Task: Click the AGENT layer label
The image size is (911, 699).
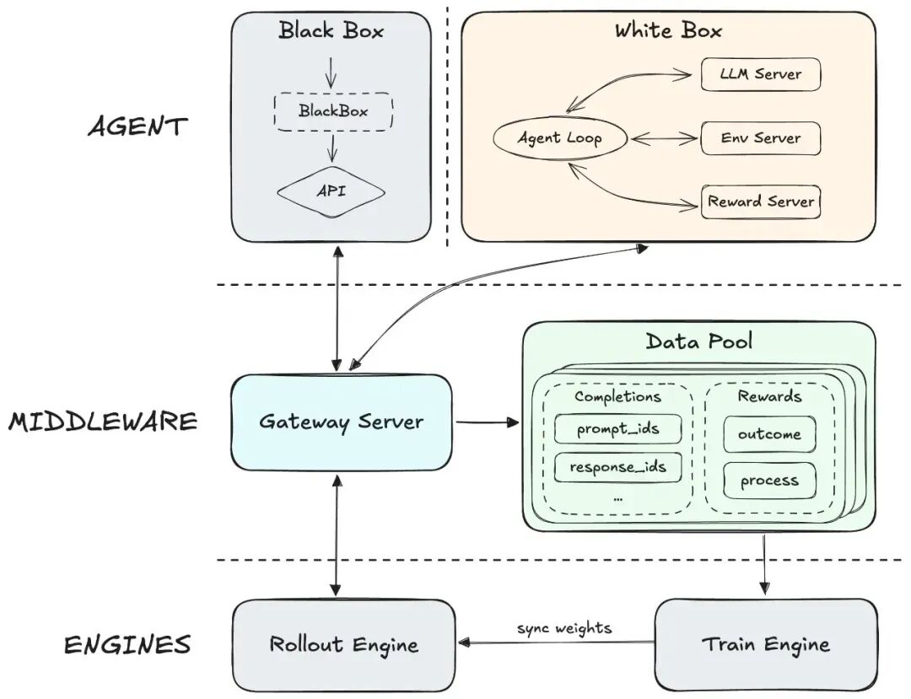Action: (x=137, y=126)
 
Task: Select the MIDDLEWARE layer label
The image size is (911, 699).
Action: (x=103, y=421)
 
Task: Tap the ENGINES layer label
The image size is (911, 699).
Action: (x=127, y=645)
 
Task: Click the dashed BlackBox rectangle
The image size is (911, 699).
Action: (x=333, y=111)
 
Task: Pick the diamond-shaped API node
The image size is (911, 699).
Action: (x=332, y=191)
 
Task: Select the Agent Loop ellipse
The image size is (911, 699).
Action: (x=560, y=137)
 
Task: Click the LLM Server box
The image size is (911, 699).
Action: (x=760, y=74)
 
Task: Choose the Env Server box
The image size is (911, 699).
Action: (x=760, y=137)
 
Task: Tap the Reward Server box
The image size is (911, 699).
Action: (x=760, y=202)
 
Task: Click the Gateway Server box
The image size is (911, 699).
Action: (x=341, y=421)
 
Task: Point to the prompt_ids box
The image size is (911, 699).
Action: (x=617, y=430)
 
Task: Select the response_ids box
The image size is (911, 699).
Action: (x=617, y=466)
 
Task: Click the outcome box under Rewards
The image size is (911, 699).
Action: (x=769, y=434)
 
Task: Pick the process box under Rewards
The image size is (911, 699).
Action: (x=769, y=481)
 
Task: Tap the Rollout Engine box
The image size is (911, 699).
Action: (x=343, y=645)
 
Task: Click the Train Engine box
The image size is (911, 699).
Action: (x=765, y=645)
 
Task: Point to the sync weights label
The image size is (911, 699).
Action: (x=564, y=628)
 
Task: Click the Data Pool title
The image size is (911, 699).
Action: (x=698, y=341)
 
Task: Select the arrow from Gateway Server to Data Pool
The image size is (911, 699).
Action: (x=484, y=419)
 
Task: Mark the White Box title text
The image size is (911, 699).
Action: (x=667, y=31)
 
